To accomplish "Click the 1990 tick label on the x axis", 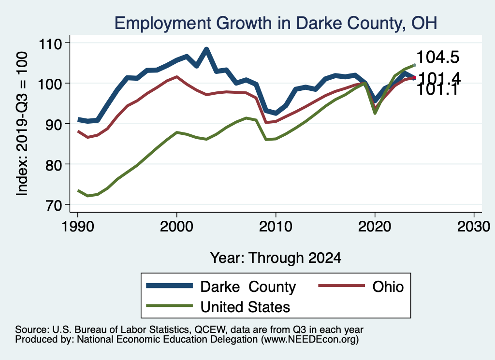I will coord(77,227).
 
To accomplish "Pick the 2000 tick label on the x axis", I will coord(176,227).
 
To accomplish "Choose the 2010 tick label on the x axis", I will coord(276,227).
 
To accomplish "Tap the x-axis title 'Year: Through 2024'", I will coord(276,258).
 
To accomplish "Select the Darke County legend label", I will coord(248,287).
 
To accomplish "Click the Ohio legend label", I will coord(388,287).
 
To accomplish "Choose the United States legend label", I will coord(245,306).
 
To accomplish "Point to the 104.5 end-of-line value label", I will coord(437,57).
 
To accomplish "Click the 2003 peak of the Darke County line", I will coord(206,49).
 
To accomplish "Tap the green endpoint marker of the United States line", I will coord(414,65).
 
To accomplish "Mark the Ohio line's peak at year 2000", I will coord(176,77).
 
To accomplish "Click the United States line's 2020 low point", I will coord(375,113).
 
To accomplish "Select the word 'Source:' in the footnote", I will coord(29,330).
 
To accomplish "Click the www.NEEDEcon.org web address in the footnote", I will coord(310,340).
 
